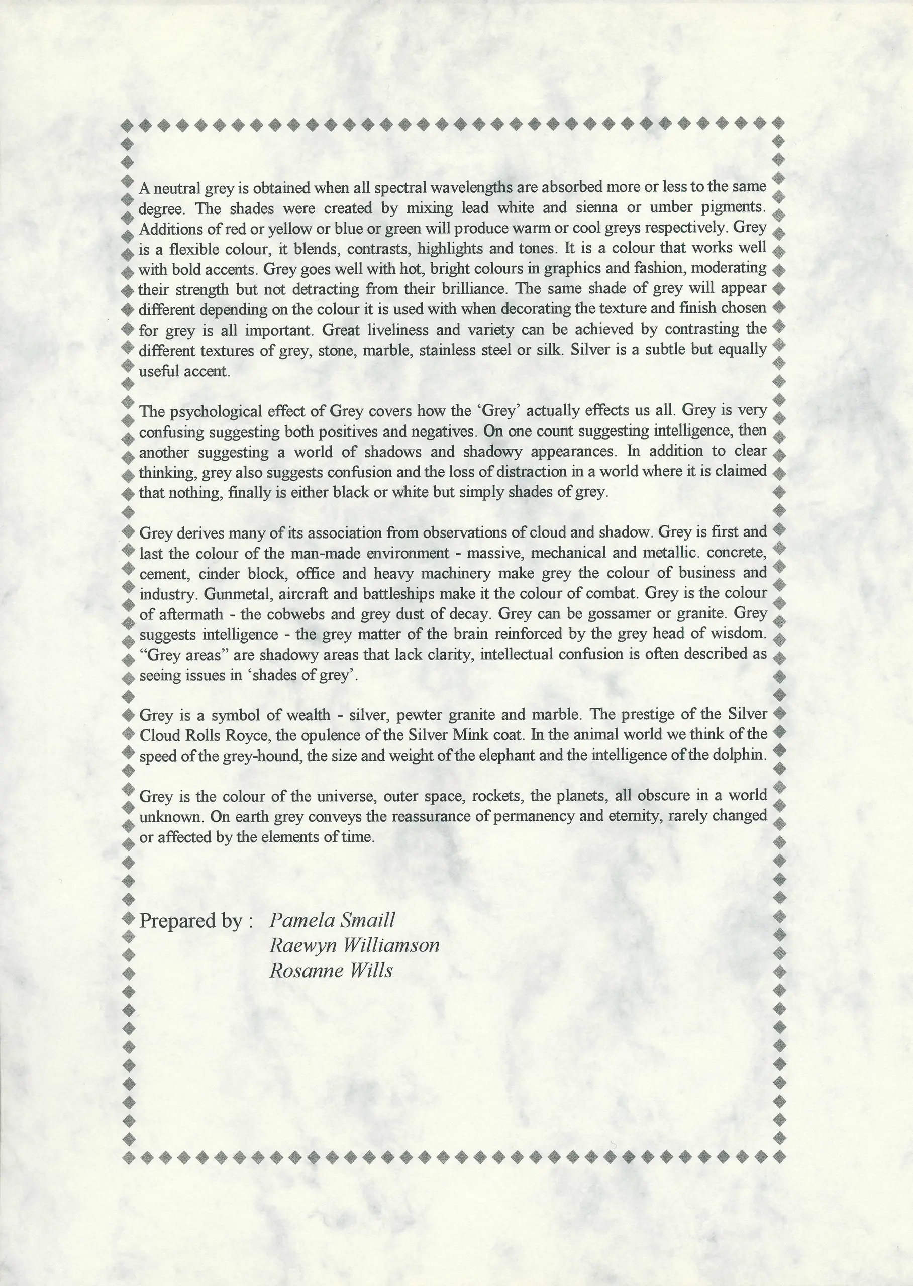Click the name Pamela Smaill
tap(332, 920)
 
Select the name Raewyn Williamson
tap(354, 945)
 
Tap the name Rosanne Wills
tap(331, 970)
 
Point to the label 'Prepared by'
tap(191, 921)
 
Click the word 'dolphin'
tap(742, 756)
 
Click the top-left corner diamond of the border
tap(127, 123)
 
